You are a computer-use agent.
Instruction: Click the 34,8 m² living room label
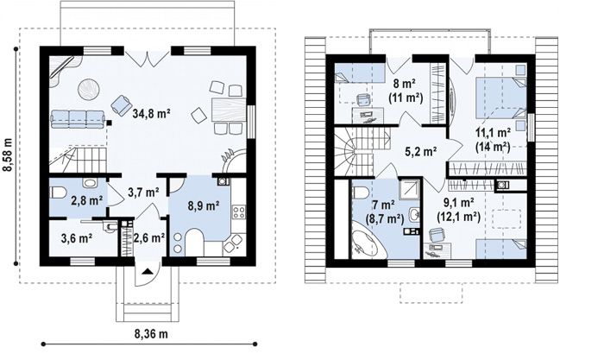pyautogui.click(x=151, y=113)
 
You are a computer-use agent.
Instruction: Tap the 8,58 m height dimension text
pyautogui.click(x=9, y=155)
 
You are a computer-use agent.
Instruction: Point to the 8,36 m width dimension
pyautogui.click(x=151, y=334)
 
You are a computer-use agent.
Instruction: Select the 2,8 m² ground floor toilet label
pyautogui.click(x=86, y=200)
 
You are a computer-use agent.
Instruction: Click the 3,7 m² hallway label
pyautogui.click(x=144, y=192)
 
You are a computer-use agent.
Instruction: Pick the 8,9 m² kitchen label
pyautogui.click(x=204, y=205)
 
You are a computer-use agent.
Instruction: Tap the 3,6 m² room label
pyautogui.click(x=76, y=238)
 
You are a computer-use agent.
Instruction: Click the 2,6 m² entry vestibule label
pyautogui.click(x=149, y=237)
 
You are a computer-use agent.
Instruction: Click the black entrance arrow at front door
pyautogui.click(x=147, y=272)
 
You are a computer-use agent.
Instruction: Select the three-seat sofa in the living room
pyautogui.click(x=79, y=119)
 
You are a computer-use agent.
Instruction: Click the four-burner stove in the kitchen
pyautogui.click(x=239, y=212)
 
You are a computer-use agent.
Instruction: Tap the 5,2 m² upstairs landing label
pyautogui.click(x=420, y=151)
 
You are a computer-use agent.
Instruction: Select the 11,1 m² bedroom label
pyautogui.click(x=493, y=133)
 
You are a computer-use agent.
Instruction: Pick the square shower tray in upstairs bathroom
pyautogui.click(x=409, y=189)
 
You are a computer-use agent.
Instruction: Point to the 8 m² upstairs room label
pyautogui.click(x=405, y=83)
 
